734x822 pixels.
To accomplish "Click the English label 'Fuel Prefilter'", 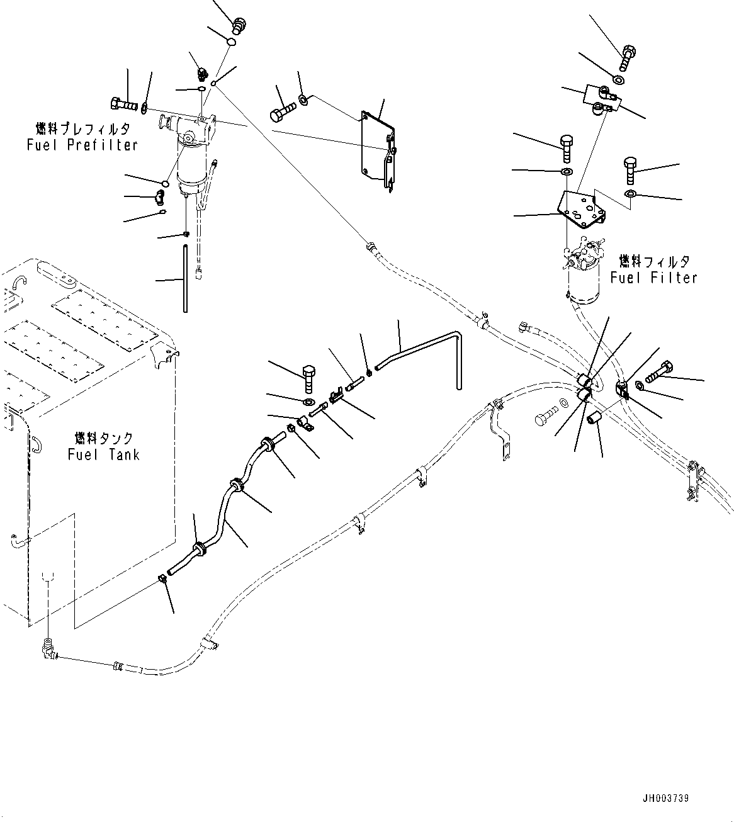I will (x=82, y=145).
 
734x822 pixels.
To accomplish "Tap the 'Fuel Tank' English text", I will (x=104, y=454).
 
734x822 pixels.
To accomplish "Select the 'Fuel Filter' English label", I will (x=654, y=278).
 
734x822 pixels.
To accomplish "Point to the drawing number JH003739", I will (x=665, y=798).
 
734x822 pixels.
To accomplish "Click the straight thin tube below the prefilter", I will (x=185, y=278).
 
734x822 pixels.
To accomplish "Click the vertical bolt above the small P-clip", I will (x=308, y=378).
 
